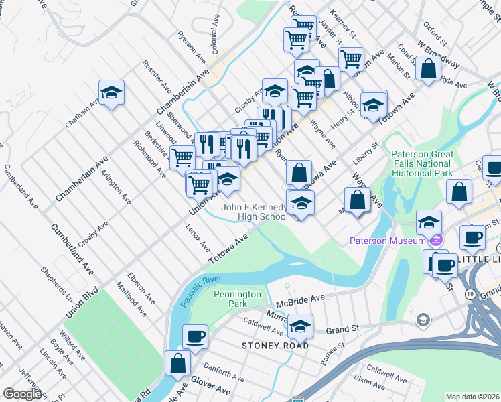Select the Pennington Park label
pos(230,299)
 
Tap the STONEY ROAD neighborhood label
pos(276,345)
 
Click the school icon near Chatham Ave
pos(112,92)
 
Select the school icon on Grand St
pos(300,326)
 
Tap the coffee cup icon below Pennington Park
pos(195,336)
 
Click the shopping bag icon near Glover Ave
pos(178,363)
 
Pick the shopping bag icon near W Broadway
pos(428,68)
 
